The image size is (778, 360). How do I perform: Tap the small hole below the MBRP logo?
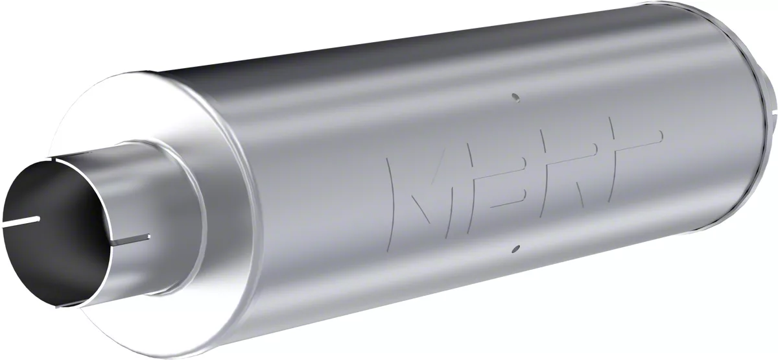tap(515, 247)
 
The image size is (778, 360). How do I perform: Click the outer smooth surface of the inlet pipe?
tap(130, 195)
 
